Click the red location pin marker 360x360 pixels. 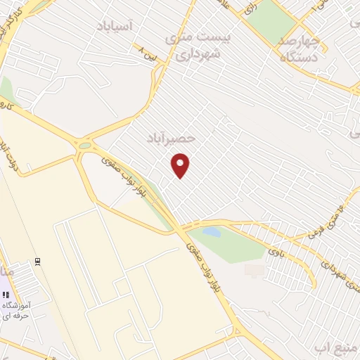pyautogui.click(x=181, y=167)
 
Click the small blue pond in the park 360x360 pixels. pyautogui.click(x=211, y=231)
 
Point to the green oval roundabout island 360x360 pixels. pyautogui.click(x=85, y=146)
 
